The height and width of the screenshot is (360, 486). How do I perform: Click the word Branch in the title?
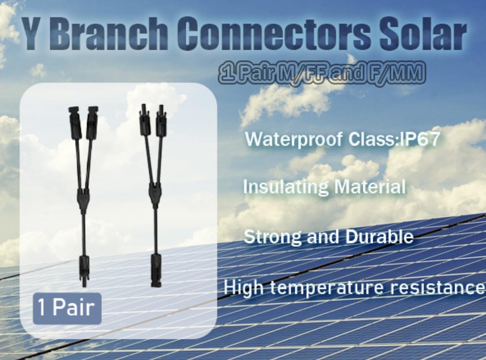tap(107, 33)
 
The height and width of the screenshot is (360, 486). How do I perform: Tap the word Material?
tap(370, 187)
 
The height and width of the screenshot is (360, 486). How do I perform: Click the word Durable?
tap(379, 236)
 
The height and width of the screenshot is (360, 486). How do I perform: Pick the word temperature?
tap(327, 288)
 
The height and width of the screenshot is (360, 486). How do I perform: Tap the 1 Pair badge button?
tap(67, 308)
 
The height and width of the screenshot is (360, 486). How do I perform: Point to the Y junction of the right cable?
tap(155, 195)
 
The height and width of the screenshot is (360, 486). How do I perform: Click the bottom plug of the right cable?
tap(156, 270)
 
